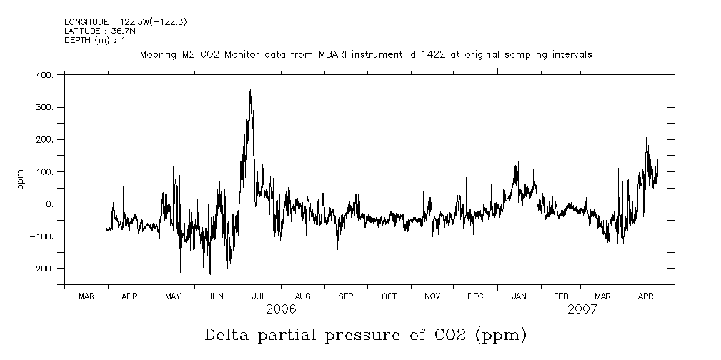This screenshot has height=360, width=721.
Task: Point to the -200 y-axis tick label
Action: click(x=44, y=269)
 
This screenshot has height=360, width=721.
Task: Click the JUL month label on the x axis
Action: click(x=259, y=296)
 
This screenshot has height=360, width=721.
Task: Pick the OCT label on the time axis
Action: click(x=389, y=296)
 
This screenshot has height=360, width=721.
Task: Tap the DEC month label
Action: click(x=475, y=296)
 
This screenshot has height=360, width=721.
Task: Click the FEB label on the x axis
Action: click(x=561, y=296)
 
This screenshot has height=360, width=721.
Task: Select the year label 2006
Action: click(x=280, y=309)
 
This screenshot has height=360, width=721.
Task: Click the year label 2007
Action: click(x=582, y=309)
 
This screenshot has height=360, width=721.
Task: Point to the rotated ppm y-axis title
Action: click(x=21, y=179)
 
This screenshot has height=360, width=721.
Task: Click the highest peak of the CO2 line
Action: click(x=250, y=90)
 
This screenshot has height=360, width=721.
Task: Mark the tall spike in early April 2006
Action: click(x=124, y=151)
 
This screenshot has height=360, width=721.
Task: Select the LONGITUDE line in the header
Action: click(x=126, y=21)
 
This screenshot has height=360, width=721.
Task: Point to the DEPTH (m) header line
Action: click(x=95, y=40)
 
